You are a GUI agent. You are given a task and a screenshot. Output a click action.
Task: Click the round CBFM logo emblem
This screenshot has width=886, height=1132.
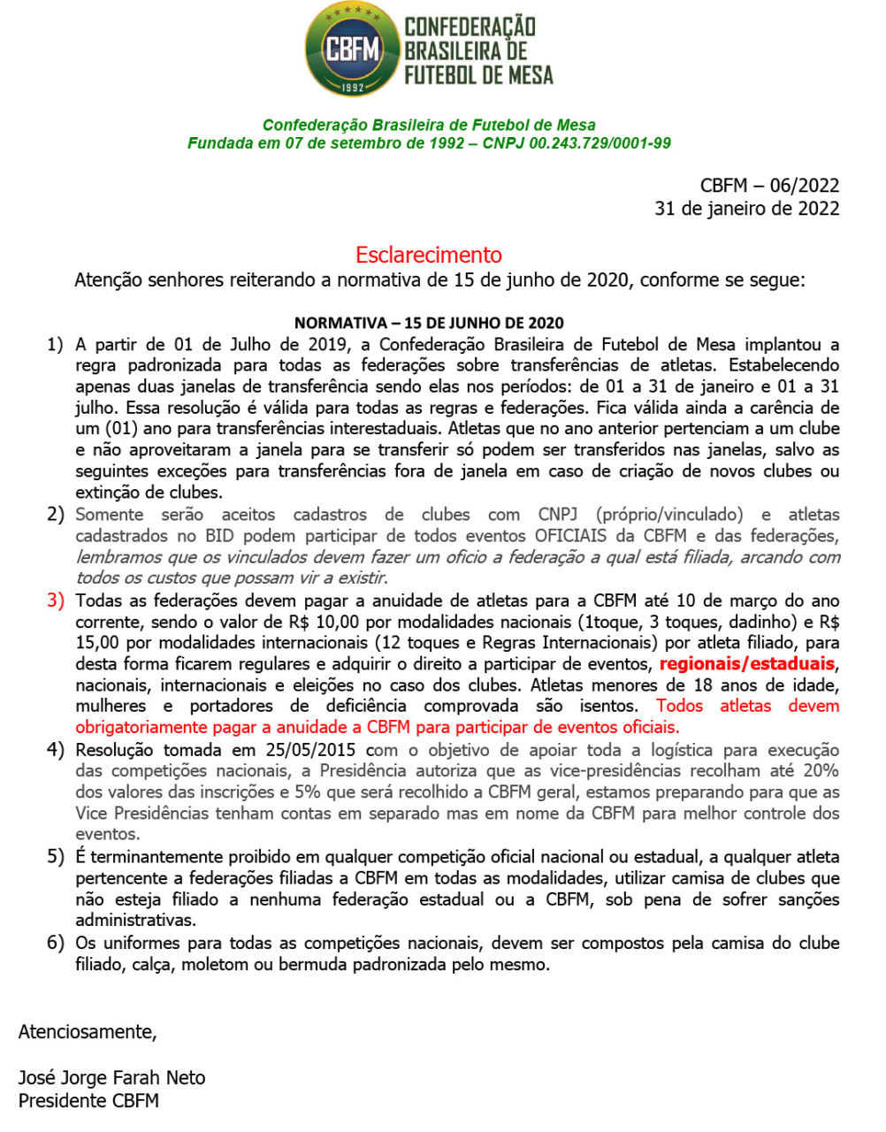click(353, 49)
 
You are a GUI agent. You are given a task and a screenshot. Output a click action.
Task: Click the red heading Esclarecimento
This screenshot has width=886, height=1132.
click(429, 255)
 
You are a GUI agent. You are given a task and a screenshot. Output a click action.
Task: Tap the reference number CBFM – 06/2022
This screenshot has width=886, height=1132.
click(769, 185)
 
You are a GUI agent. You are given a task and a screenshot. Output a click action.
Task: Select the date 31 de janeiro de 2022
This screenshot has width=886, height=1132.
click(746, 208)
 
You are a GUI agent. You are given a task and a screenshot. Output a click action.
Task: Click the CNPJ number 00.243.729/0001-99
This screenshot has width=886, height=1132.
click(600, 142)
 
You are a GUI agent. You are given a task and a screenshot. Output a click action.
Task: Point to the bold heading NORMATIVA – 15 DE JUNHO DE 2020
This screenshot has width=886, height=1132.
click(429, 323)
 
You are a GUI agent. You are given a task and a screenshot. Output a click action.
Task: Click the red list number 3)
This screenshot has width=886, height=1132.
click(56, 600)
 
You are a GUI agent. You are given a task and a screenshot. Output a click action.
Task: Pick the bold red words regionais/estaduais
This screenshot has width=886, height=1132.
click(747, 664)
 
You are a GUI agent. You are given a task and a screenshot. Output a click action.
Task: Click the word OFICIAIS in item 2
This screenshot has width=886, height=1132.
click(570, 536)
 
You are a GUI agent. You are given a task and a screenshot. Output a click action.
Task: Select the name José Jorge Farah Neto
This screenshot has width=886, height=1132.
click(111, 1078)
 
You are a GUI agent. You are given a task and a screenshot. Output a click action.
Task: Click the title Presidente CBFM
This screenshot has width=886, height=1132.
click(88, 1101)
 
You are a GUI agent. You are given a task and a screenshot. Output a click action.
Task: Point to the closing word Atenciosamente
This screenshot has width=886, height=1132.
click(87, 1031)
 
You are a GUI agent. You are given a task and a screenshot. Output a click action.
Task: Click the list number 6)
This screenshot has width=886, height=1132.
click(56, 943)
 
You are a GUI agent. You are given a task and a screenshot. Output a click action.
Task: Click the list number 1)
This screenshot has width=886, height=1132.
click(56, 344)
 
